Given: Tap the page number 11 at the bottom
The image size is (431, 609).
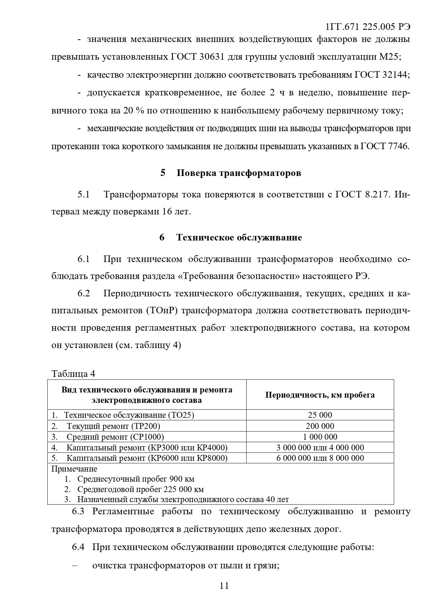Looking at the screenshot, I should [224, 586].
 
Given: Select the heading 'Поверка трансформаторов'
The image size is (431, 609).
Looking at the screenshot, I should [239, 173].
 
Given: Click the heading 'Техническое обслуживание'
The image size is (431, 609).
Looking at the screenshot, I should [239, 237].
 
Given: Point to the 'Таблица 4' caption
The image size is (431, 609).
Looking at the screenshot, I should [73, 373].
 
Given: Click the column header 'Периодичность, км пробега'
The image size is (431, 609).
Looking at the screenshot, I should [320, 395].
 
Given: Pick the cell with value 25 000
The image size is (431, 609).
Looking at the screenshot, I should [320, 415].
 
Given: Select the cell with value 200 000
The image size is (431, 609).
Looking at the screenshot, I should [320, 426].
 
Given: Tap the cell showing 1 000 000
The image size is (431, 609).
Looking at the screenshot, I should [320, 437].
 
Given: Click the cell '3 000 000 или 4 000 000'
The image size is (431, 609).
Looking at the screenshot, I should [320, 448].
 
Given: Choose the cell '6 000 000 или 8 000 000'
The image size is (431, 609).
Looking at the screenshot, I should [320, 458].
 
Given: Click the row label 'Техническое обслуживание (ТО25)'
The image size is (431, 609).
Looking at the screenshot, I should [129, 415].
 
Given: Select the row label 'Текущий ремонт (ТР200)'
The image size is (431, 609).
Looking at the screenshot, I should [113, 426].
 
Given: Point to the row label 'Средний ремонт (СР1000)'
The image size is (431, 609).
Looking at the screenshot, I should [115, 437].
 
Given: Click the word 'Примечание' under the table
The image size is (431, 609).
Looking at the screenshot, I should [74, 469].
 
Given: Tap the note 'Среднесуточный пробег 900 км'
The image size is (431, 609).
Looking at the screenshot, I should [135, 479].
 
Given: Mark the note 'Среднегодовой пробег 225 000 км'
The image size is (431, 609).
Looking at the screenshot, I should [140, 489].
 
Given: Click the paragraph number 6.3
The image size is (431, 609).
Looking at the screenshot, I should [78, 511].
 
